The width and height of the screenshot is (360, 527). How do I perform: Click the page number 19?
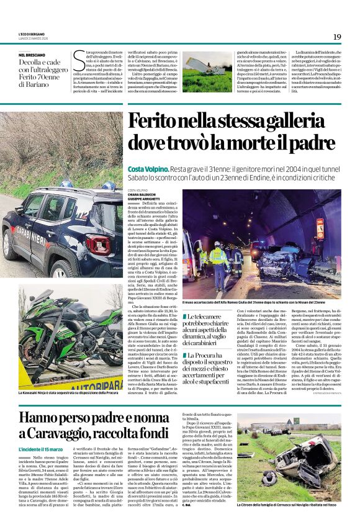(x=337, y=37)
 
